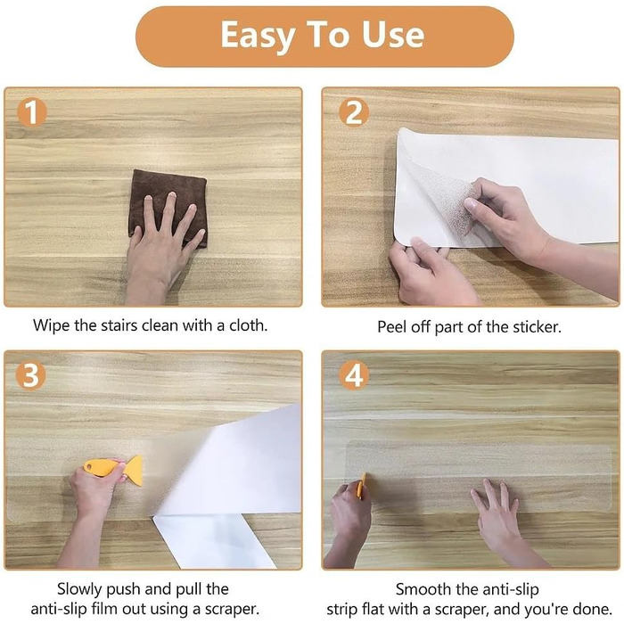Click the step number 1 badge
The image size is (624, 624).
coord(32,112)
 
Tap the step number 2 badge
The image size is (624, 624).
coord(354,111)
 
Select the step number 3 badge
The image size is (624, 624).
coord(31,375)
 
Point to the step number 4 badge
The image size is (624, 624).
coord(354,375)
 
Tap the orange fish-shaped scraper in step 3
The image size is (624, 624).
coord(114,469)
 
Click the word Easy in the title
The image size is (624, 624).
coord(258,37)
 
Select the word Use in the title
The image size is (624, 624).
coord(392,35)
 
